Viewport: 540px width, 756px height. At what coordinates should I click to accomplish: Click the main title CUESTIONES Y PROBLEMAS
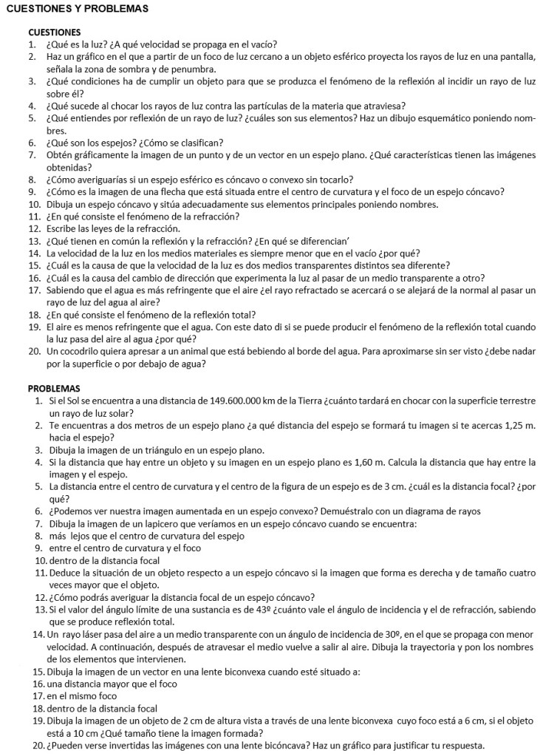pyautogui.click(x=77, y=9)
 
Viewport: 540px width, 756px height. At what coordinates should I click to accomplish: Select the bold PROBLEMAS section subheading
pyautogui.click(x=54, y=388)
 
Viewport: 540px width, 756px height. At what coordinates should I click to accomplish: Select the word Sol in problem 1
pyautogui.click(x=66, y=401)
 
